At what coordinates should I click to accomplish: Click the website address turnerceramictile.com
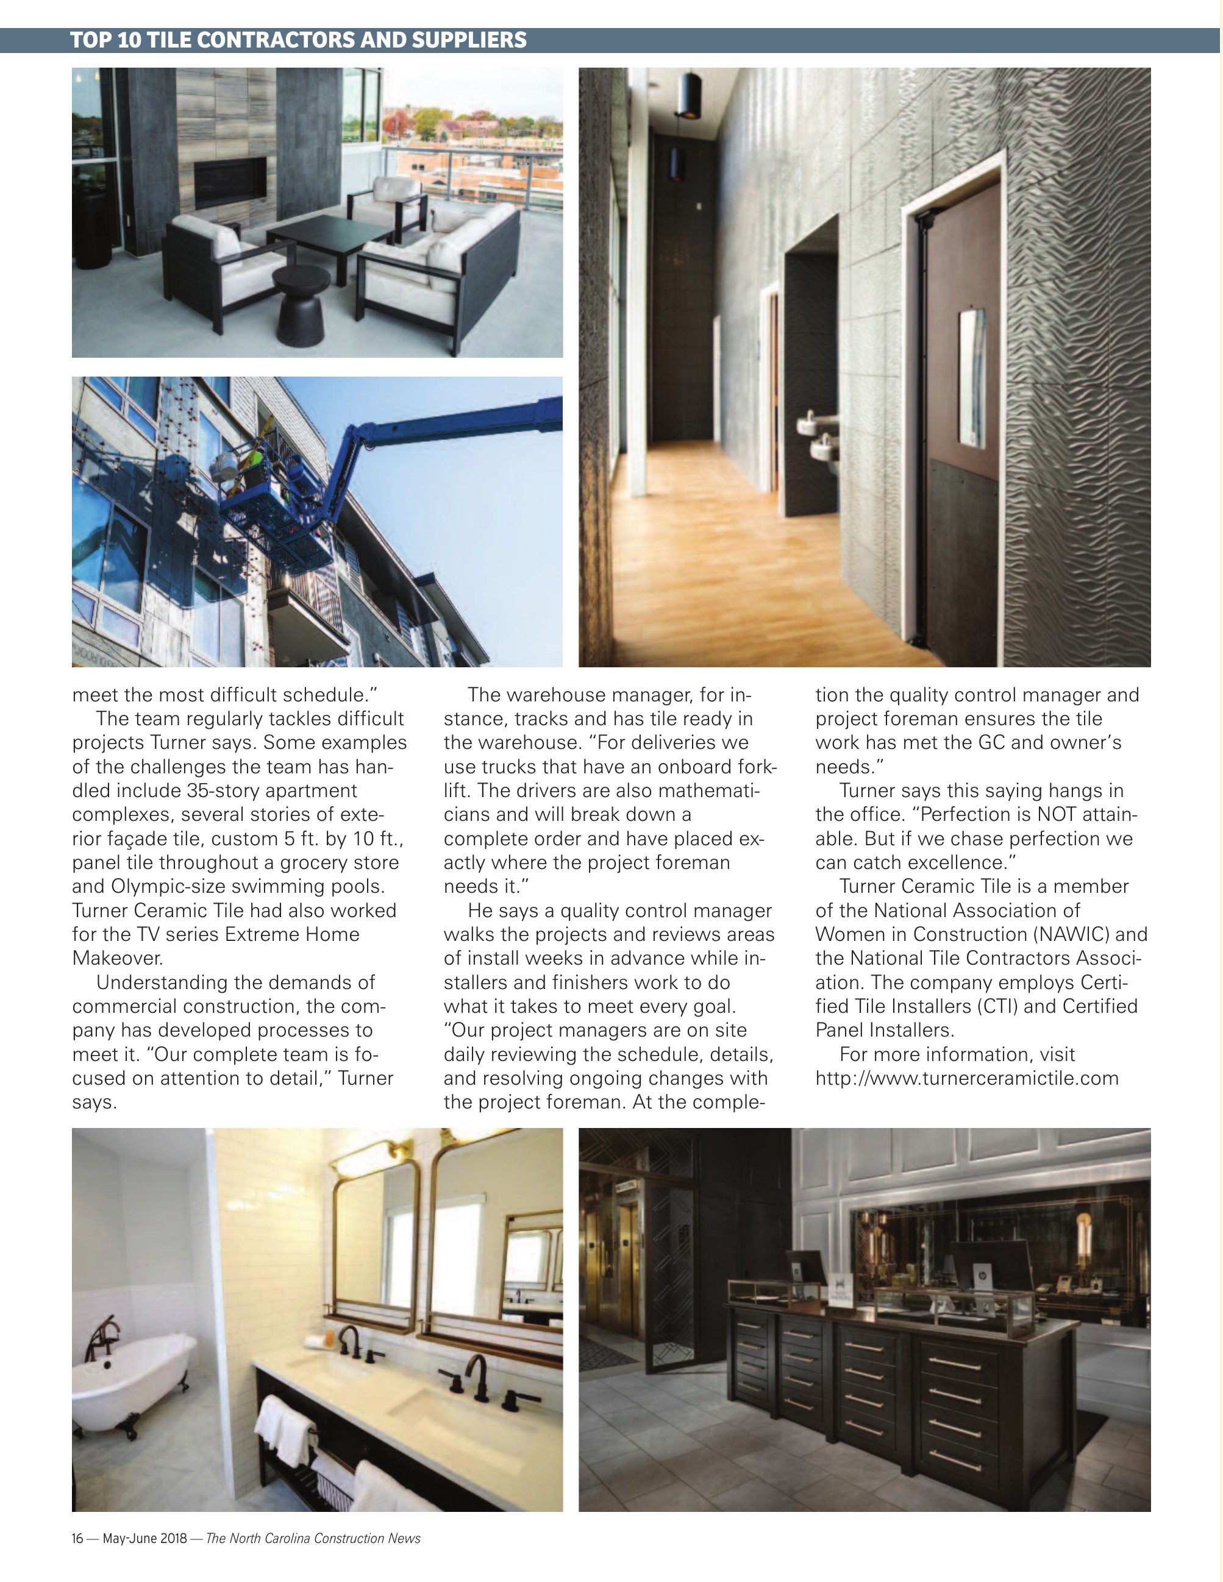[966, 1078]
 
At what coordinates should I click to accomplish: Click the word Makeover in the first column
[118, 959]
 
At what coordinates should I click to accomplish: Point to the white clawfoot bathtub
[130, 1382]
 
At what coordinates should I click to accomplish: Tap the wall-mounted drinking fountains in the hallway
[818, 435]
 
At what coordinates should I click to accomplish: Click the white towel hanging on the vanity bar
[285, 1425]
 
